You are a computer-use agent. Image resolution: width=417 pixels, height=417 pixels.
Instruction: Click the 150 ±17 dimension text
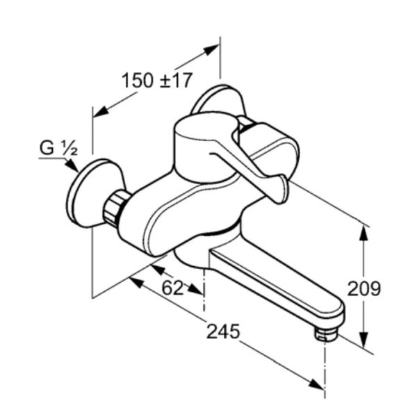[156, 81]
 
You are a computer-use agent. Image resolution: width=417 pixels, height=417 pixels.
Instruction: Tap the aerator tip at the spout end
[324, 335]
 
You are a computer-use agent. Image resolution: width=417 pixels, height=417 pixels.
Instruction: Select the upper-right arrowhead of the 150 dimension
[211, 51]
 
